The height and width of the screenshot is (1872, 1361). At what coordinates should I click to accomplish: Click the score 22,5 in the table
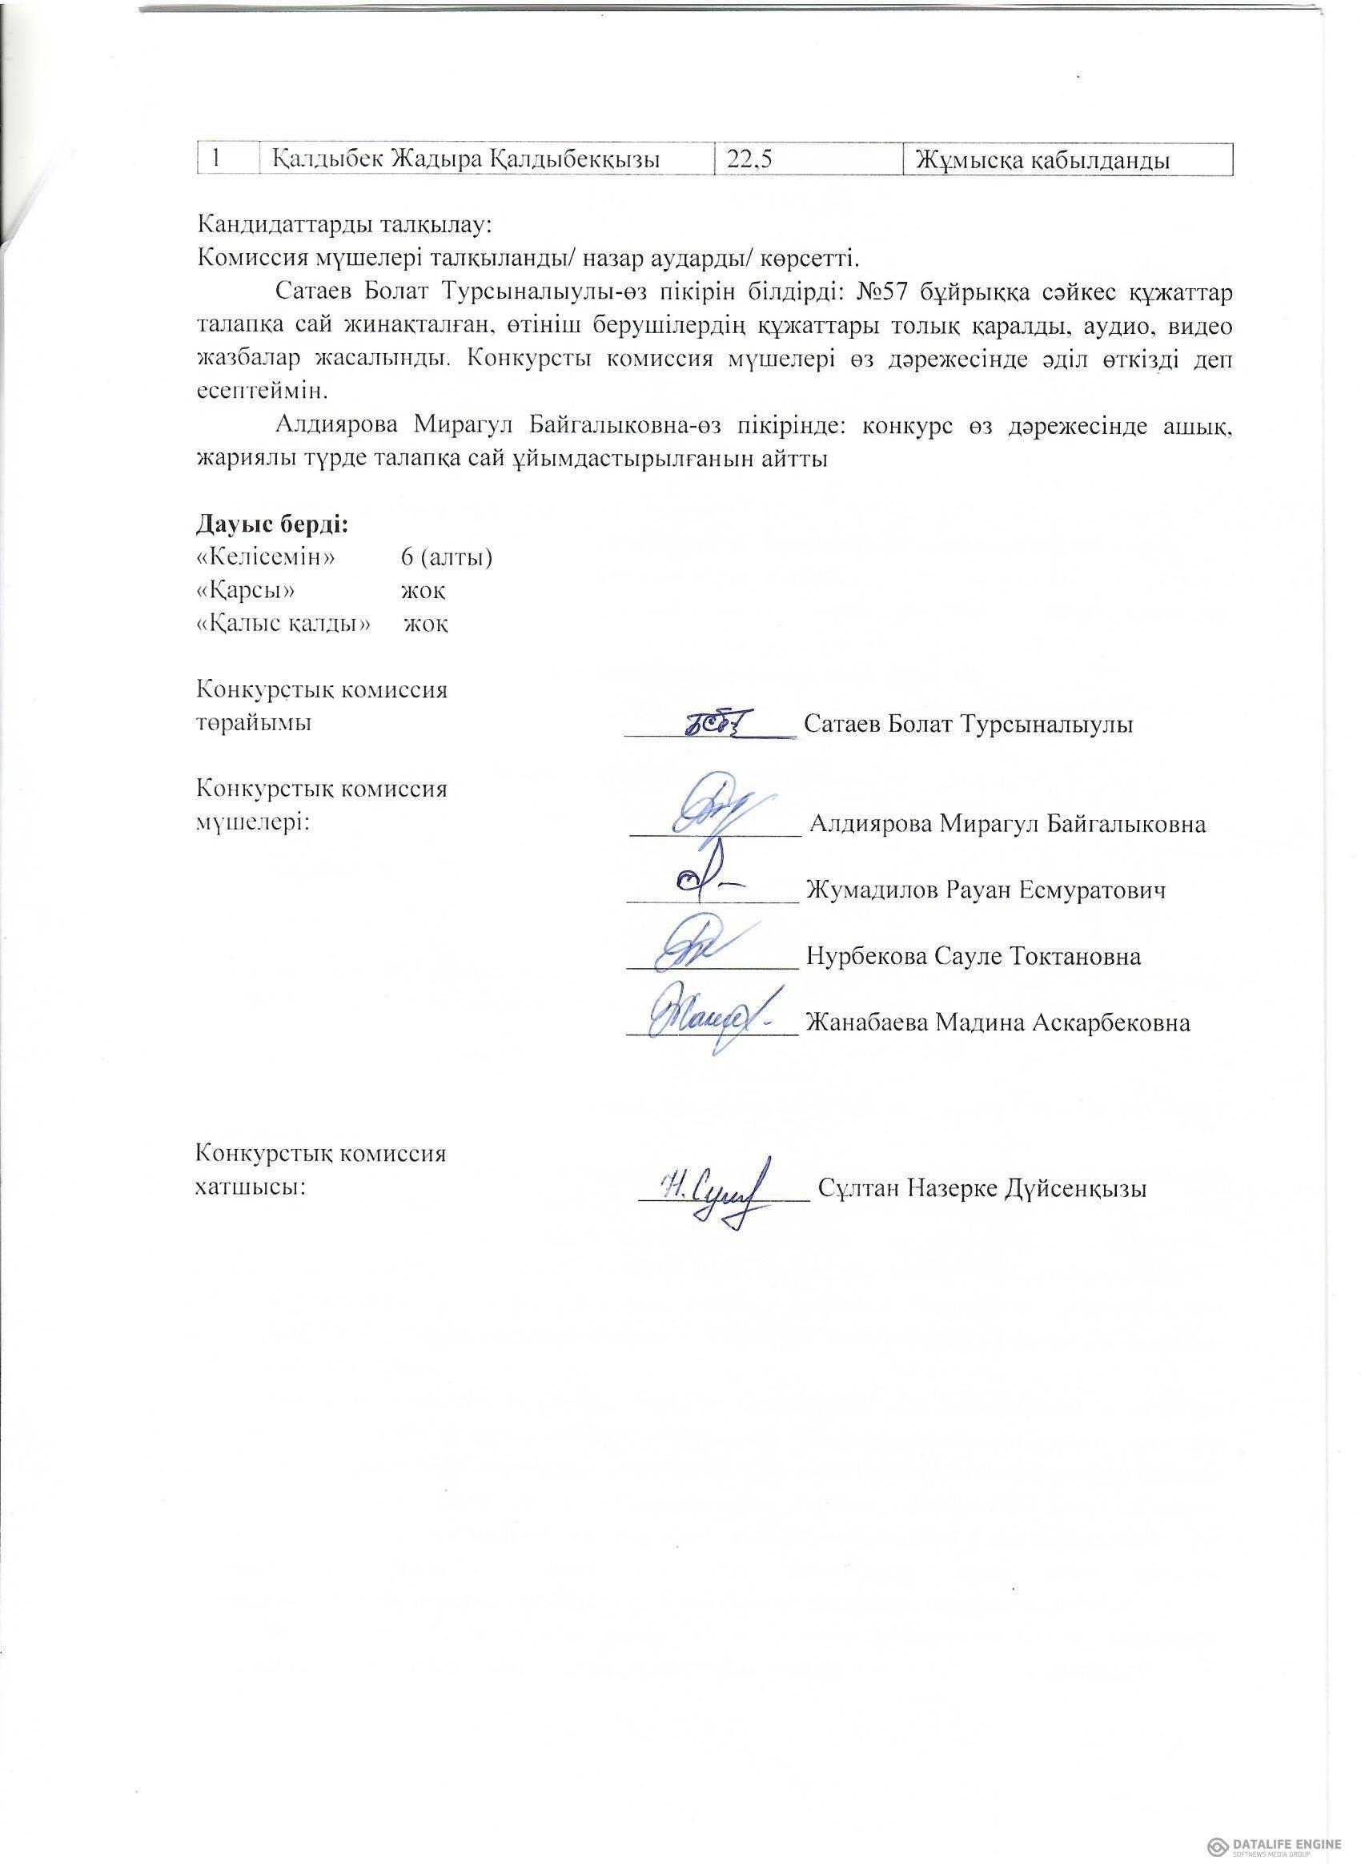[749, 159]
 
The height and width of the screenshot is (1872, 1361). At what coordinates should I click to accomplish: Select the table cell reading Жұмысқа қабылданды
[1042, 159]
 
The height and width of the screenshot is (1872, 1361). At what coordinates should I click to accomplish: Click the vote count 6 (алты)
[447, 558]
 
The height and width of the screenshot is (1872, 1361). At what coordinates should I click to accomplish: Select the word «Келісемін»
[266, 558]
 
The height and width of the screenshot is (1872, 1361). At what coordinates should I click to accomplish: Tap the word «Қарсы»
[245, 591]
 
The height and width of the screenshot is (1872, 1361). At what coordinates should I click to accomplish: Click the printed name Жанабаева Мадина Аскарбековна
[997, 1022]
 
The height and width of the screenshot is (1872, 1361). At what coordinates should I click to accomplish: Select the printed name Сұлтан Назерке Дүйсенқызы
[982, 1188]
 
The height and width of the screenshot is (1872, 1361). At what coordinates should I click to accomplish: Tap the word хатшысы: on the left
[245, 1187]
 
